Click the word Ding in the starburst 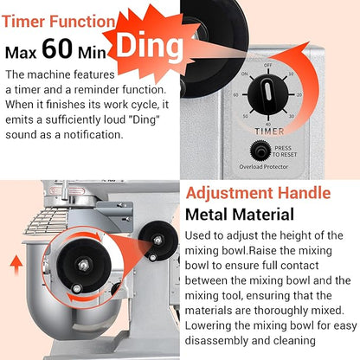coord(150,46)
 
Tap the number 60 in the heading coord(57,48)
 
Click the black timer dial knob coord(268,94)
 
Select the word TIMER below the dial coord(269,132)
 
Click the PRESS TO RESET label coord(284,151)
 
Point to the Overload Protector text coord(264,167)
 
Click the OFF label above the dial coord(268,65)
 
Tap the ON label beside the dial coord(245,74)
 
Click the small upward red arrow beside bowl coord(16,265)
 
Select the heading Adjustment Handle coord(258,193)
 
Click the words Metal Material coord(240,215)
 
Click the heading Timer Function coord(59,22)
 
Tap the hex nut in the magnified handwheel coord(83,265)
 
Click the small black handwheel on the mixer coord(157,241)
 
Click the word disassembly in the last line coord(216,341)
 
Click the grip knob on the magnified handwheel coord(76,288)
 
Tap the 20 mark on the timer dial coord(299,94)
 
